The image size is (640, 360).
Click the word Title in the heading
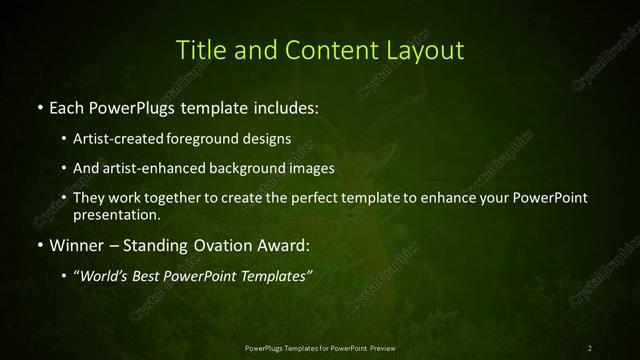200,50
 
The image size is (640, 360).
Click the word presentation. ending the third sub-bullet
117,214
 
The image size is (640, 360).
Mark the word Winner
76,244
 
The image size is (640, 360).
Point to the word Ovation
219,244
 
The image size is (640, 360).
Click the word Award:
286,244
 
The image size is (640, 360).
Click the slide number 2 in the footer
590,347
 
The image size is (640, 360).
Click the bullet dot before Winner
38,244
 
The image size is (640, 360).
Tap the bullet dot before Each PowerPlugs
38,106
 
